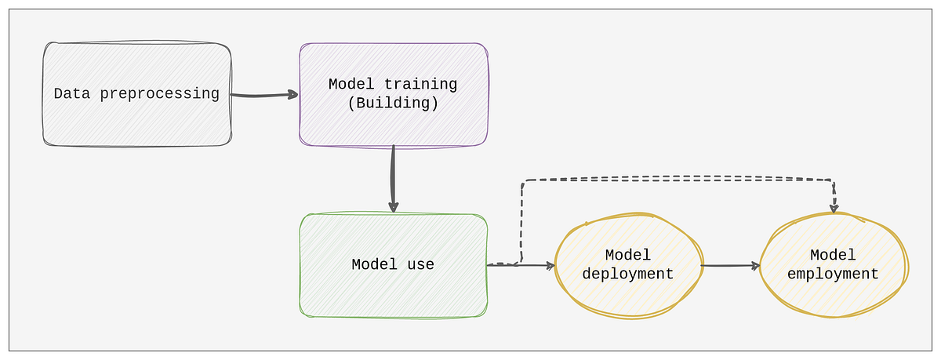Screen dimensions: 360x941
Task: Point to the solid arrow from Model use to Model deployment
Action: (533, 265)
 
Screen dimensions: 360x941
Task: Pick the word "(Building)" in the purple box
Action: (393, 104)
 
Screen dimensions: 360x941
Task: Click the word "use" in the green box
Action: (421, 265)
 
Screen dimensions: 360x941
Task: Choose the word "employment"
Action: (834, 275)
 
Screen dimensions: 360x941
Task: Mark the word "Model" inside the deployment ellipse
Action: (629, 256)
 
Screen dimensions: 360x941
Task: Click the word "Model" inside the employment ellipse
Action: (834, 256)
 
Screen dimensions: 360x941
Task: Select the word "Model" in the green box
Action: (375, 265)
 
